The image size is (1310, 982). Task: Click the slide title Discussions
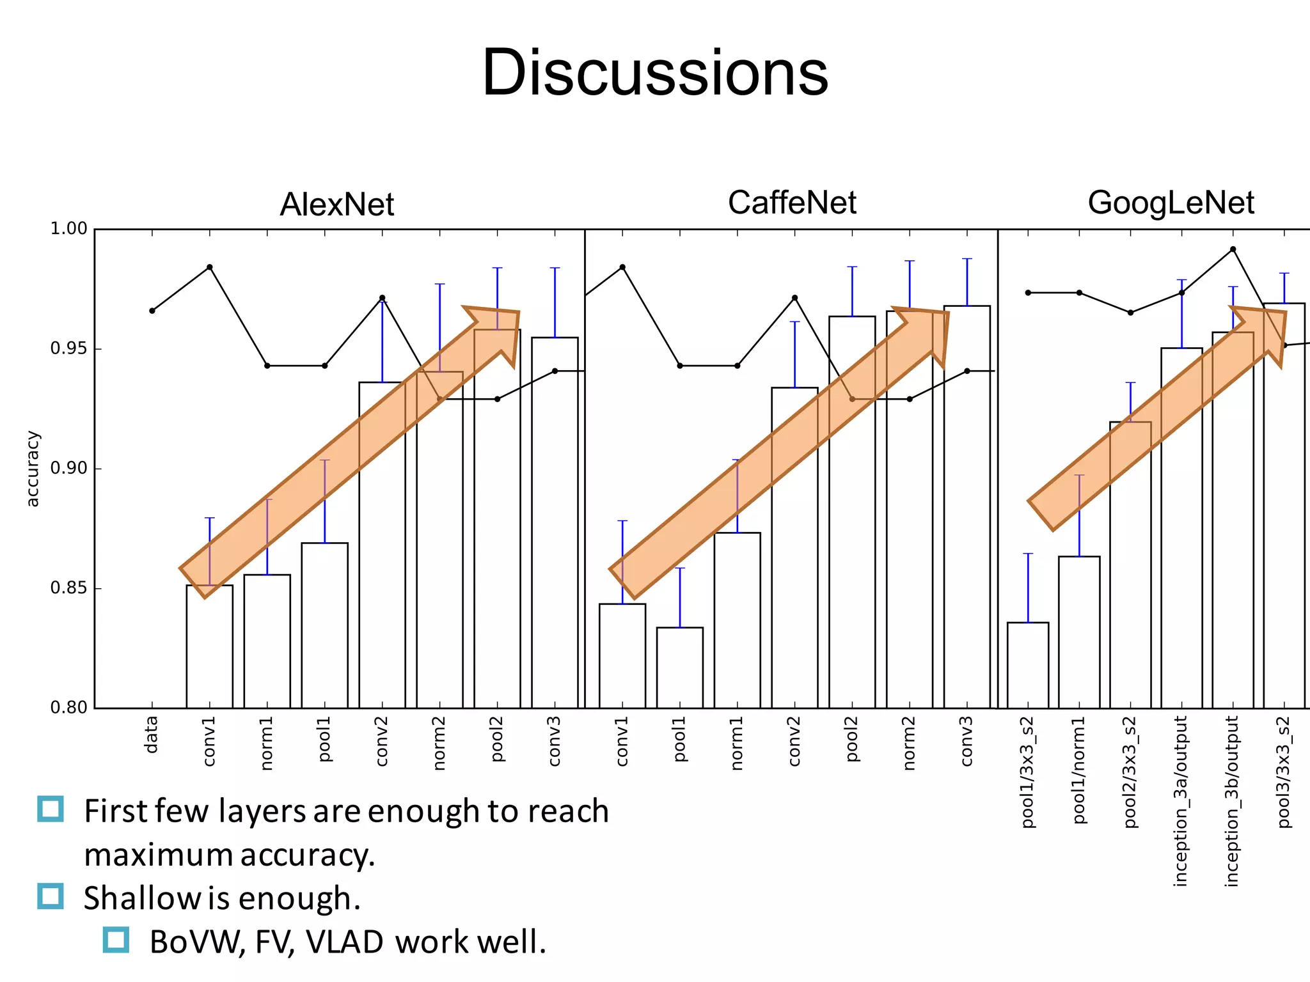pos(655,73)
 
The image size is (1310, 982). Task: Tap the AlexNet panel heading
pos(337,205)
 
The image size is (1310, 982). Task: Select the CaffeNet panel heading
pos(792,203)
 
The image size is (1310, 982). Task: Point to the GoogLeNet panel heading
pos(1171,203)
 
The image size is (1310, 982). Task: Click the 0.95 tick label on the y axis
pos(68,348)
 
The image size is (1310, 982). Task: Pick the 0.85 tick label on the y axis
pos(68,588)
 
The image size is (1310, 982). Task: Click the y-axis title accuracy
pos(32,469)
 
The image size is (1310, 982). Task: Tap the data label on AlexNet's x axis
pos(151,735)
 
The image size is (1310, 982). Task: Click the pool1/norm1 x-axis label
pos(1079,770)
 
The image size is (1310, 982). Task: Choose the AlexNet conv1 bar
pos(209,646)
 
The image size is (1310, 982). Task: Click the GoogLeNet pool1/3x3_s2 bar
pos(1028,665)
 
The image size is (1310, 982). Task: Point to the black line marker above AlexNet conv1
pos(209,267)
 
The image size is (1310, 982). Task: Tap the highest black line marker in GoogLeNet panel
pos(1233,249)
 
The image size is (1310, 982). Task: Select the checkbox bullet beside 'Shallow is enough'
pos(51,896)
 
